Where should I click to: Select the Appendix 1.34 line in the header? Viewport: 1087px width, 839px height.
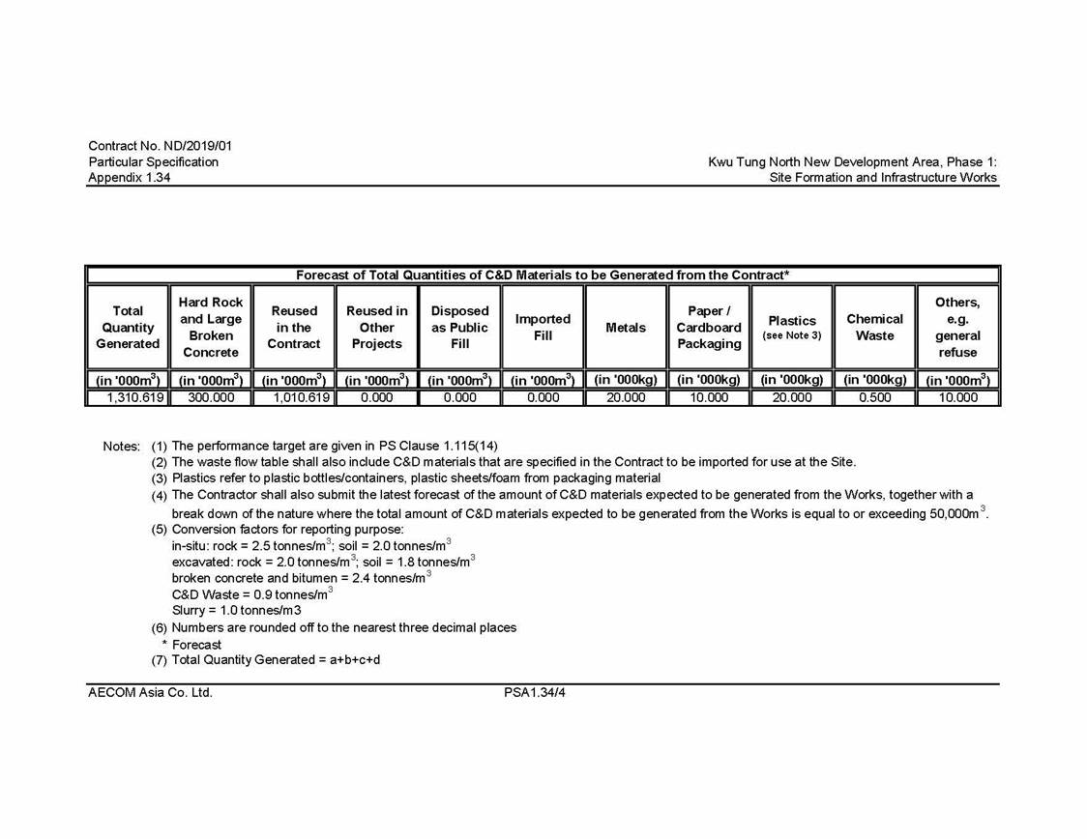pyautogui.click(x=130, y=178)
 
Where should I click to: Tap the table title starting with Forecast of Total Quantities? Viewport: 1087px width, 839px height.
pyautogui.click(x=542, y=275)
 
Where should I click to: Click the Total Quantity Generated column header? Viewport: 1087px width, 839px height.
pyautogui.click(x=128, y=327)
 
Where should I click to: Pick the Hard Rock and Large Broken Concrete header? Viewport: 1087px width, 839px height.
pyautogui.click(x=211, y=327)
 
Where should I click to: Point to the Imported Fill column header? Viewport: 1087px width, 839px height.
pyautogui.click(x=543, y=327)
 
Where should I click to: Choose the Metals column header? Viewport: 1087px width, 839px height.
pyautogui.click(x=626, y=328)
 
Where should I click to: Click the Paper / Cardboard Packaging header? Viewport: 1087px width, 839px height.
pyautogui.click(x=709, y=327)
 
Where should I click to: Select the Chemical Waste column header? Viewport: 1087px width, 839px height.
pyautogui.click(x=874, y=327)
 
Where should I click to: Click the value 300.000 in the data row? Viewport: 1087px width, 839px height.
pyautogui.click(x=211, y=397)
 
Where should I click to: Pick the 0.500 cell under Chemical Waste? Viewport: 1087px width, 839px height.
pyautogui.click(x=874, y=397)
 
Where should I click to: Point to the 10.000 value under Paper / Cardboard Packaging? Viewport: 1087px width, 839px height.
pyautogui.click(x=709, y=397)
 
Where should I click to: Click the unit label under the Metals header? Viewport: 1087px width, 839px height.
pyautogui.click(x=626, y=380)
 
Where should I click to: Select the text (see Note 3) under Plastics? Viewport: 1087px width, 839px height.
pyautogui.click(x=792, y=335)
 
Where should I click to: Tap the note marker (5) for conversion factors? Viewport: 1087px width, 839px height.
pyautogui.click(x=160, y=530)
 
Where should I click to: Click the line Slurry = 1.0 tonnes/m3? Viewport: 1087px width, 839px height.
pyautogui.click(x=236, y=611)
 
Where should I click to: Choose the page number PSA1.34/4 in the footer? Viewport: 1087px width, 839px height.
pyautogui.click(x=534, y=693)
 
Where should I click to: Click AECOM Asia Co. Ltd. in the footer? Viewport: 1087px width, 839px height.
pyautogui.click(x=150, y=693)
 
